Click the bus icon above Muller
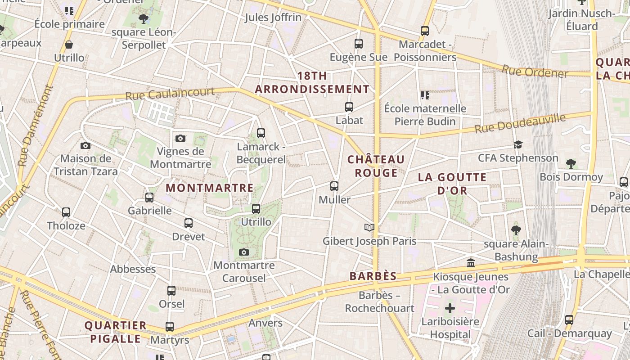pos(334,186)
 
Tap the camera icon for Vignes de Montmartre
pos(180,138)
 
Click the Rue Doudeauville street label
pos(520,123)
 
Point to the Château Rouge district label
pos(376,166)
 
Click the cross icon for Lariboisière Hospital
pos(450,308)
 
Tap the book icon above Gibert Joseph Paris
pos(369,227)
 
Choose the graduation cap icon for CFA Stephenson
pos(518,145)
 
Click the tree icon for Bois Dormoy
pos(571,163)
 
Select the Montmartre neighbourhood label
pos(210,188)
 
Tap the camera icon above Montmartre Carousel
pos(244,252)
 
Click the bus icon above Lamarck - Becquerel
pos(261,133)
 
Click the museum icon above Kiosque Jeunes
pos(471,263)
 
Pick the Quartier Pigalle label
pos(116,332)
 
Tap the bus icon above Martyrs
pos(170,327)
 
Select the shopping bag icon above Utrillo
pos(69,45)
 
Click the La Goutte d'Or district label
pos(452,184)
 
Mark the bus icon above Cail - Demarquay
pos(569,320)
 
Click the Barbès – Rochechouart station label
pos(379,302)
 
